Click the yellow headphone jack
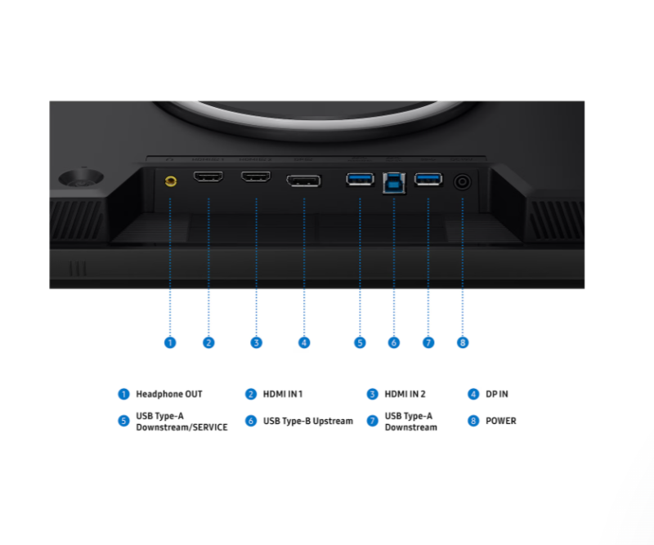pos(171,181)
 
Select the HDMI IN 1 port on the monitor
pos(208,176)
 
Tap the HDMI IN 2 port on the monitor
pos(256,176)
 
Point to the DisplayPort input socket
pos(303,181)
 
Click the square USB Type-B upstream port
pos(394,183)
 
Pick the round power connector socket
pos(462,182)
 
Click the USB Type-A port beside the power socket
pos(428,179)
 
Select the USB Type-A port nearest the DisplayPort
pos(360,179)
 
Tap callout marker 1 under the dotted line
pos(170,342)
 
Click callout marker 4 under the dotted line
pos(304,342)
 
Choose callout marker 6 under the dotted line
pos(394,342)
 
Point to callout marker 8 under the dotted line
pos(463,342)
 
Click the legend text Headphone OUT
pos(169,394)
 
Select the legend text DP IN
pos(497,394)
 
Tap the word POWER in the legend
pos(501,421)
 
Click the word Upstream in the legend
pos(333,421)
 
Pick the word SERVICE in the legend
pos(210,427)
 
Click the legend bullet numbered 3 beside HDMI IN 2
pos(372,394)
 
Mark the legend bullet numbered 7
pos(372,421)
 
